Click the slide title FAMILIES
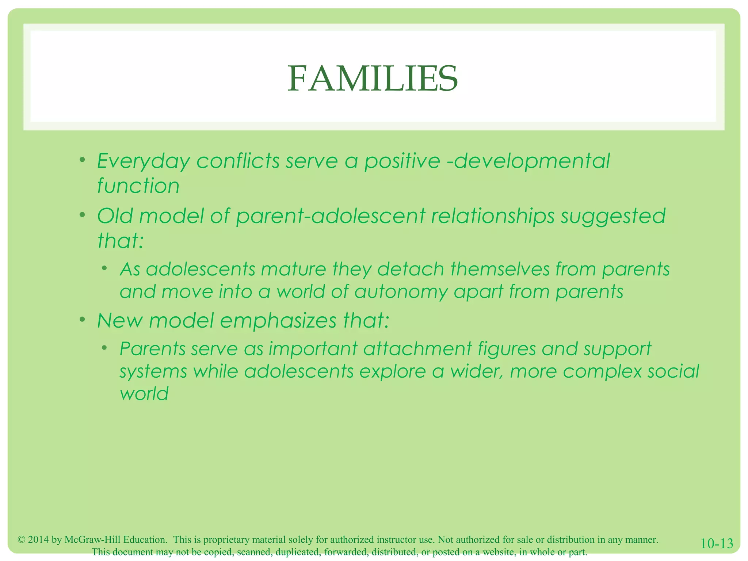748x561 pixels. [x=373, y=79]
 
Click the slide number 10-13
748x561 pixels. [x=717, y=543]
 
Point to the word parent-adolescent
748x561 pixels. [x=331, y=216]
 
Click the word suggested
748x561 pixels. [x=613, y=216]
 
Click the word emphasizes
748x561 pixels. [x=278, y=321]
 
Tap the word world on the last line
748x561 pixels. [x=144, y=394]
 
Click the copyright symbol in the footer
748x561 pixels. [x=22, y=540]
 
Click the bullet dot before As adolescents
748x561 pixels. [x=104, y=268]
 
